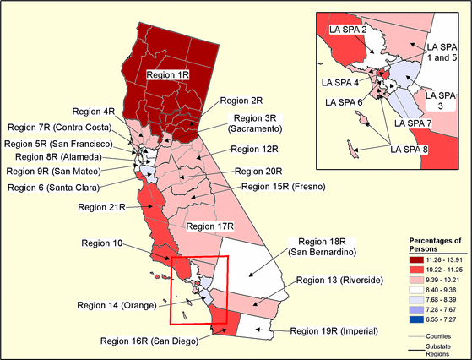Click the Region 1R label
[x=170, y=74]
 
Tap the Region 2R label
[x=236, y=100]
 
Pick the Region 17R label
[x=209, y=226]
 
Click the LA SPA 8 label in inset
[x=409, y=149]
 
